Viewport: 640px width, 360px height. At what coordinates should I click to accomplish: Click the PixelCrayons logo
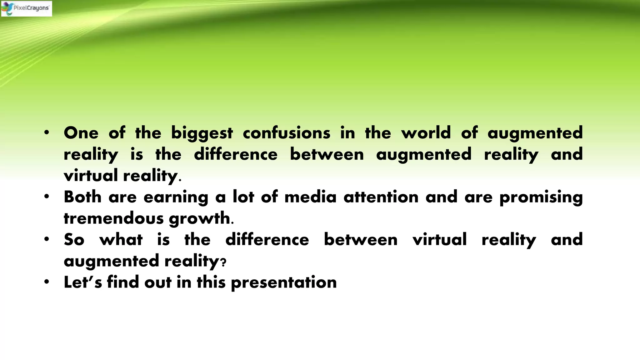pos(27,8)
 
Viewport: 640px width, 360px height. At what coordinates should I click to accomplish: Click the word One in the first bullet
pos(81,133)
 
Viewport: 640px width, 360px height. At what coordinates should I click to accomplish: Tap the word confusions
pos(287,133)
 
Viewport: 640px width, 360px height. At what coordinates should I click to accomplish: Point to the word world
pos(426,133)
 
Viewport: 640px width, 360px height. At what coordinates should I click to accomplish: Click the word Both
pos(82,197)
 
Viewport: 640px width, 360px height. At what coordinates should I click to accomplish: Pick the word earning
pos(176,197)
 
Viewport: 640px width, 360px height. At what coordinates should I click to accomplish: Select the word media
pos(310,197)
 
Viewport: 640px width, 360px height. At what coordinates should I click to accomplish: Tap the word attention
pos(381,197)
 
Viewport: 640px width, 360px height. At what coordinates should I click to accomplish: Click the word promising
pos(541,197)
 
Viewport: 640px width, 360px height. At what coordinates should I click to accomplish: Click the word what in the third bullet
pos(121,240)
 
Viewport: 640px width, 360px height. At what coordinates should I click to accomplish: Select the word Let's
pos(83,282)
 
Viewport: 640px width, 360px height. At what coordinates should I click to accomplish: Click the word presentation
pos(284,282)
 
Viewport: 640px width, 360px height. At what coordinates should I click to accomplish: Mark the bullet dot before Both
pos(47,197)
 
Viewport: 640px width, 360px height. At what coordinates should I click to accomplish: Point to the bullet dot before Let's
pos(47,282)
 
